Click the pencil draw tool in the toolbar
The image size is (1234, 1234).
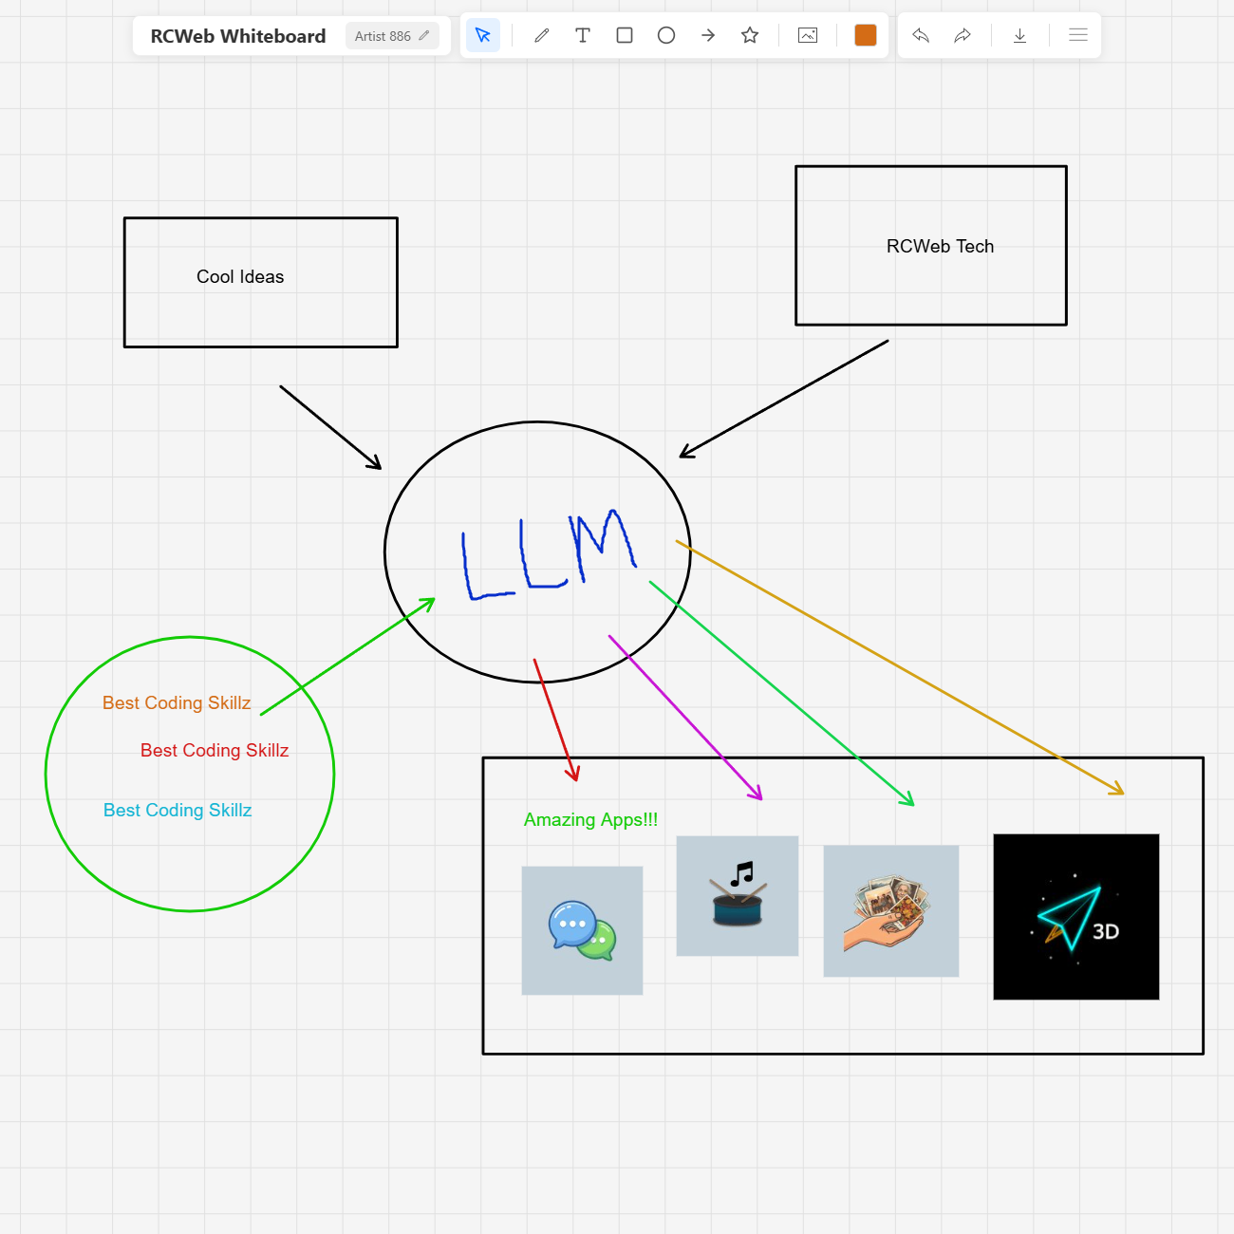click(542, 36)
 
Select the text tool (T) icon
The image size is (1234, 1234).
click(583, 36)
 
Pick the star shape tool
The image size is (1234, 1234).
click(750, 36)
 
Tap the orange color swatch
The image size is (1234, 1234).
click(865, 36)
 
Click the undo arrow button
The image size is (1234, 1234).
click(921, 36)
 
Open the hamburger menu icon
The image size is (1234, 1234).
click(1078, 36)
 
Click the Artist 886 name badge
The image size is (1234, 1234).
click(391, 36)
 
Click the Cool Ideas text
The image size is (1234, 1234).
click(240, 277)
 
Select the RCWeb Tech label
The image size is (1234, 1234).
click(940, 247)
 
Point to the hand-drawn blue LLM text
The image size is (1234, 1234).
click(548, 555)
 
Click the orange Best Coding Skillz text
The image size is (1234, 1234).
click(177, 703)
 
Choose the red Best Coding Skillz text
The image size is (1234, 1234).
click(215, 751)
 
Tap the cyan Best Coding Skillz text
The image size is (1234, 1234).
click(178, 811)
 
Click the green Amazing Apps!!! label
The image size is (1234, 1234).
click(590, 820)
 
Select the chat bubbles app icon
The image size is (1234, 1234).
click(582, 930)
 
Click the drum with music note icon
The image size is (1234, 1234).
click(738, 896)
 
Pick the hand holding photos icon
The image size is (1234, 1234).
click(890, 911)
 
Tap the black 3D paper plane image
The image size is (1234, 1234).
click(1075, 917)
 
